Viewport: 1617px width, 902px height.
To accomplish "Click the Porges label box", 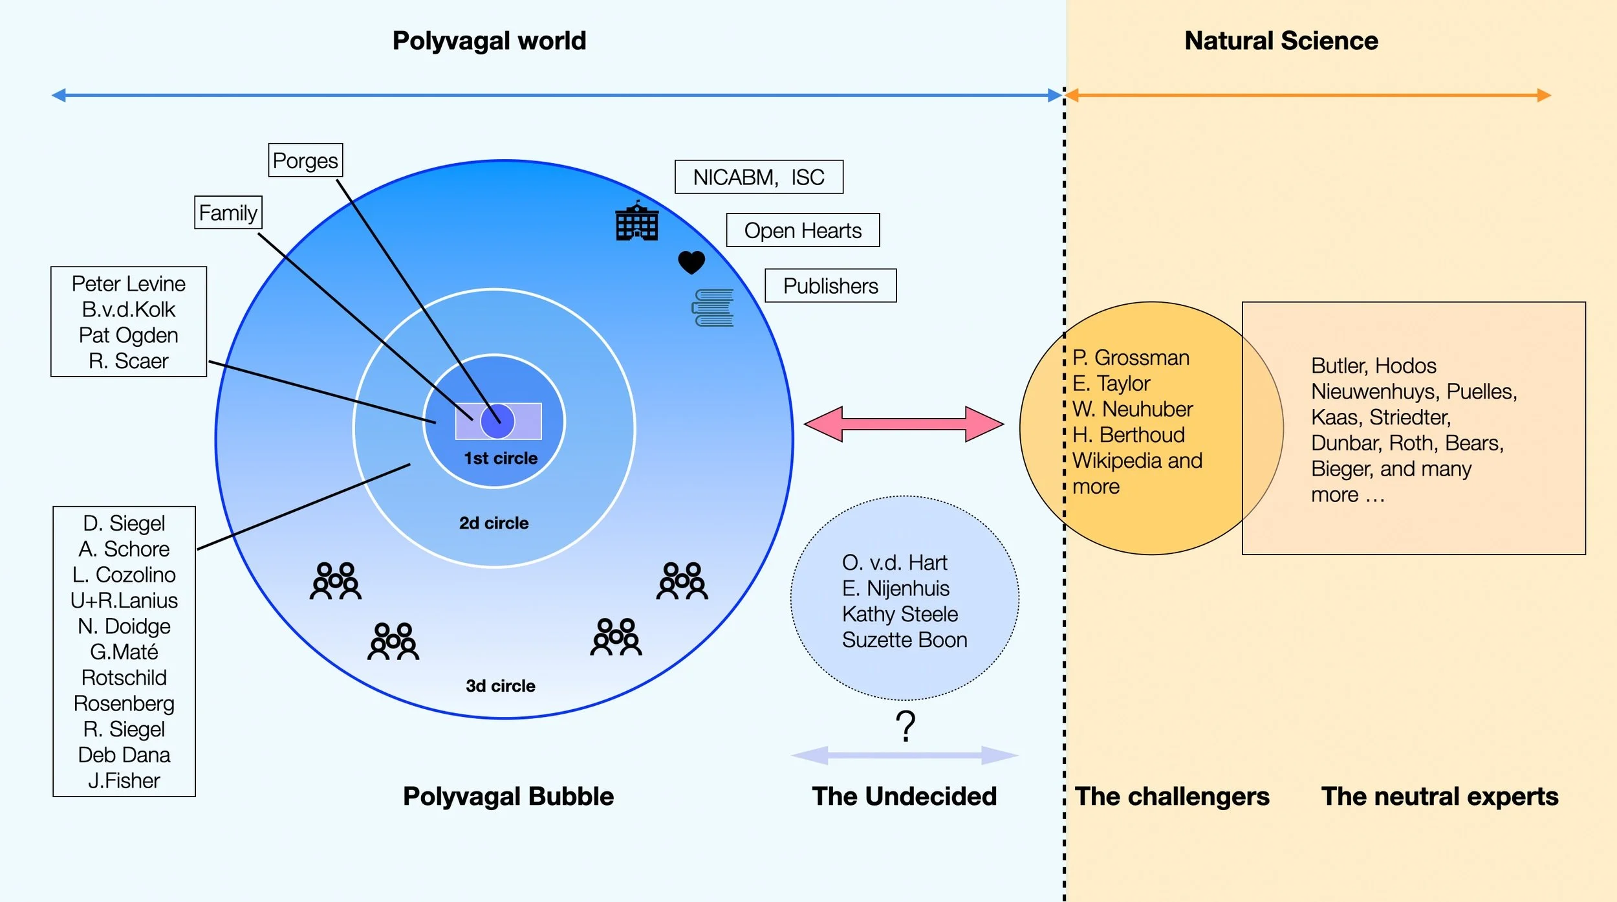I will [x=305, y=160].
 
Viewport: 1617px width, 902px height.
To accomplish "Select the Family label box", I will [x=228, y=212].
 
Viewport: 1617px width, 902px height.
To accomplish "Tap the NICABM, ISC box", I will [x=759, y=177].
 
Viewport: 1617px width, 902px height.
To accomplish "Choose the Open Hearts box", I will [x=803, y=230].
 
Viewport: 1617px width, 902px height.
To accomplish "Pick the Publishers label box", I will [x=830, y=285].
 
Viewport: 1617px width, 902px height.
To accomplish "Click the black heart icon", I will [x=691, y=262].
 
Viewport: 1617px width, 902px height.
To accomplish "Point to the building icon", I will [x=637, y=221].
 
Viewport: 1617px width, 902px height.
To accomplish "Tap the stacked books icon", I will [x=713, y=307].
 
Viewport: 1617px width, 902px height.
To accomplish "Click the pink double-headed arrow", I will [x=904, y=424].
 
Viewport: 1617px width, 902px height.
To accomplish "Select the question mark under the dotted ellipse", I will [x=906, y=726].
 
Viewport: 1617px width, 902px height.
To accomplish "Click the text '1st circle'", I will [x=501, y=458].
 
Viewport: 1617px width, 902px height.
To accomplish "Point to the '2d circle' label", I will [x=494, y=523].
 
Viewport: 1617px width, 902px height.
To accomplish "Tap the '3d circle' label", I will [x=500, y=686].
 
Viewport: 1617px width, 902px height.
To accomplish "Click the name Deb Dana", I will [x=124, y=754].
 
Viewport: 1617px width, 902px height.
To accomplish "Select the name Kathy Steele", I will [x=900, y=613].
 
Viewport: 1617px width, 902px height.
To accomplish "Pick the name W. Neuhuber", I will [x=1132, y=409].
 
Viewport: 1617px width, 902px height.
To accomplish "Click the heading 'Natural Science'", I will [x=1281, y=41].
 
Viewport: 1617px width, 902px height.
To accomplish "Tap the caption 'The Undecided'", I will [x=904, y=796].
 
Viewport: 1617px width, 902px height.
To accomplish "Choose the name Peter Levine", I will [x=128, y=283].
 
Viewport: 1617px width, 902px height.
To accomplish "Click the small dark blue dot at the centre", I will [x=497, y=421].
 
